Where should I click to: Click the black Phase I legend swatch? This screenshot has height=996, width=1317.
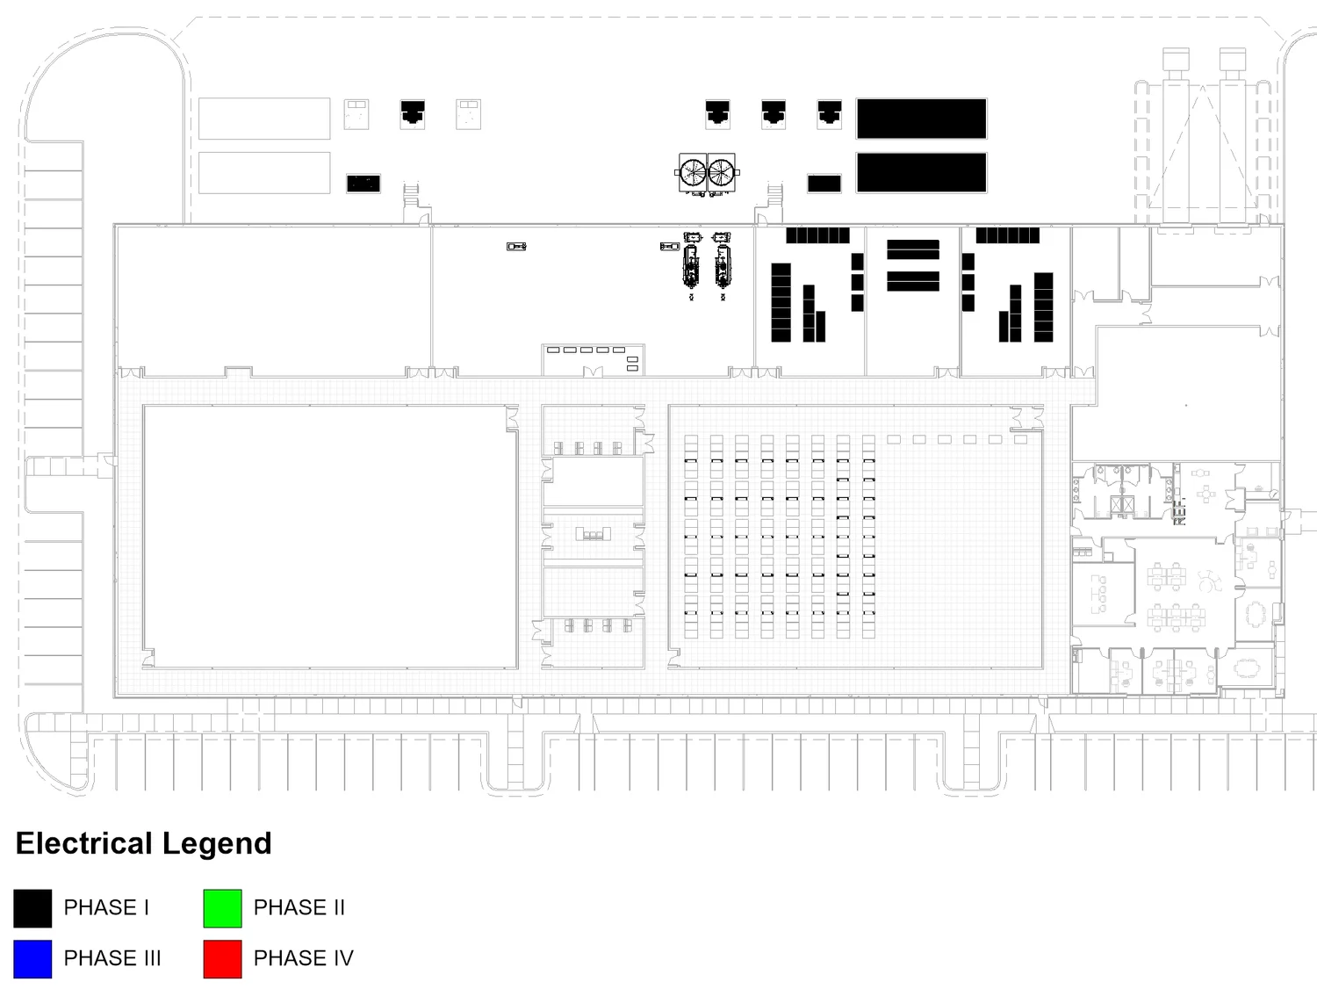pos(32,908)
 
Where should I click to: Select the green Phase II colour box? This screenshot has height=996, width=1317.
pos(222,908)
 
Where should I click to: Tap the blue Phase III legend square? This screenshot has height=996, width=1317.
pos(32,958)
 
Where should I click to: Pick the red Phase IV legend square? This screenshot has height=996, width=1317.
pos(222,958)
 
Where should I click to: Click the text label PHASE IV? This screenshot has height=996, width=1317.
pos(303,958)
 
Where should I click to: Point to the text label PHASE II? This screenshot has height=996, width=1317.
pos(299,908)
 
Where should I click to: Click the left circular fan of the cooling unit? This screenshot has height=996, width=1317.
pos(694,171)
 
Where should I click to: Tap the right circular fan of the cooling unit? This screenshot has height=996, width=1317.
pos(722,171)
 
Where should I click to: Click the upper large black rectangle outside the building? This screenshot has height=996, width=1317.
pos(921,119)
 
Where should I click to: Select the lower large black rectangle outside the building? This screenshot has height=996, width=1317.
pos(921,172)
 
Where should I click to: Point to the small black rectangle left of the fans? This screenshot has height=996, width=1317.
pos(363,184)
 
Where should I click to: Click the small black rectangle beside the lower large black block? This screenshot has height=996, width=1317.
pos(824,184)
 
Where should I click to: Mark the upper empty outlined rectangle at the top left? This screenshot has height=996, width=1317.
pos(264,119)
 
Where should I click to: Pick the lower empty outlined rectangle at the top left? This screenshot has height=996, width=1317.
pos(264,172)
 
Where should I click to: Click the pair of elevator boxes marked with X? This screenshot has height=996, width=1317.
pos(1118,505)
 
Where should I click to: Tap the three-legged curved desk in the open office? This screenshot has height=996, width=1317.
pos(1210,581)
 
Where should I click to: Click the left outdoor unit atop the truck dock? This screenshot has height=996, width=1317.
pos(1176,60)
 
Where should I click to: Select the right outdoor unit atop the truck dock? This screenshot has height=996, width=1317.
pos(1232,60)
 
